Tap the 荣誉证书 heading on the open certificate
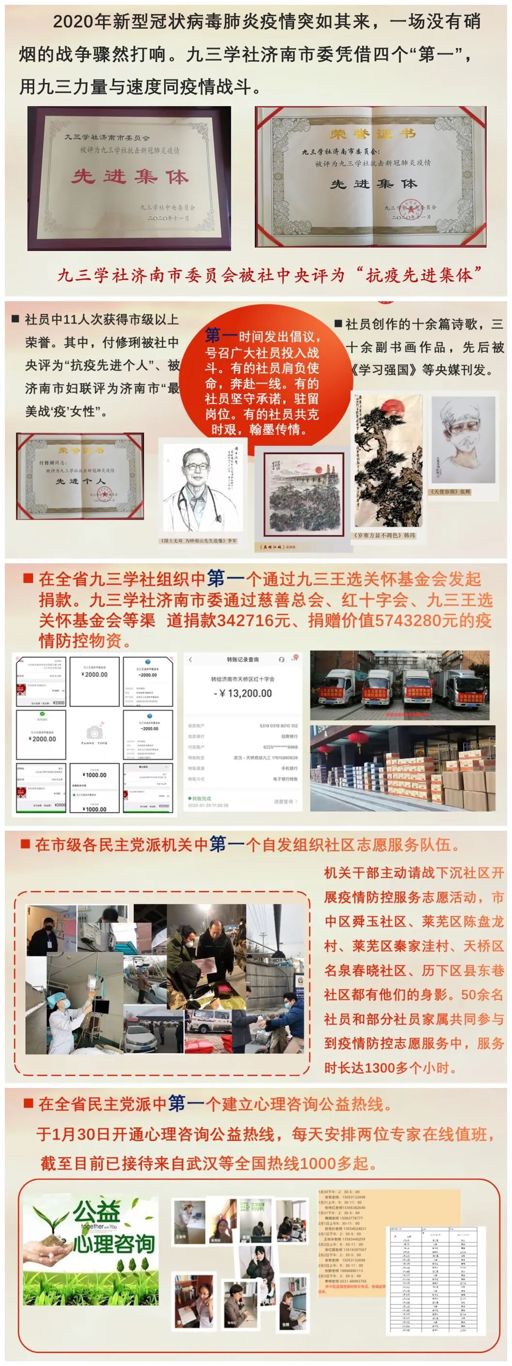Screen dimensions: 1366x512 372,134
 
